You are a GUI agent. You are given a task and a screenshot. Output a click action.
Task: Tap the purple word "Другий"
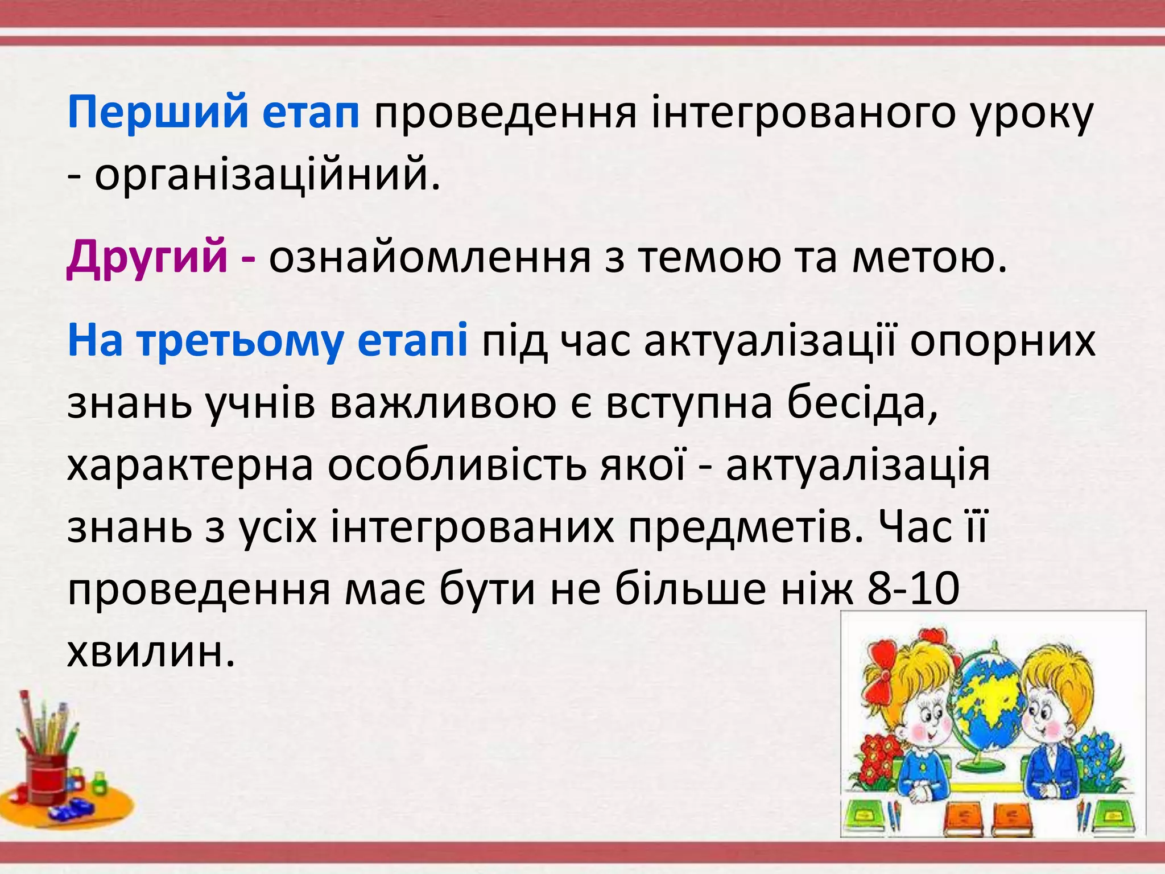147,257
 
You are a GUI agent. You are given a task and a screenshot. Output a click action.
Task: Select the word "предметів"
746,527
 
